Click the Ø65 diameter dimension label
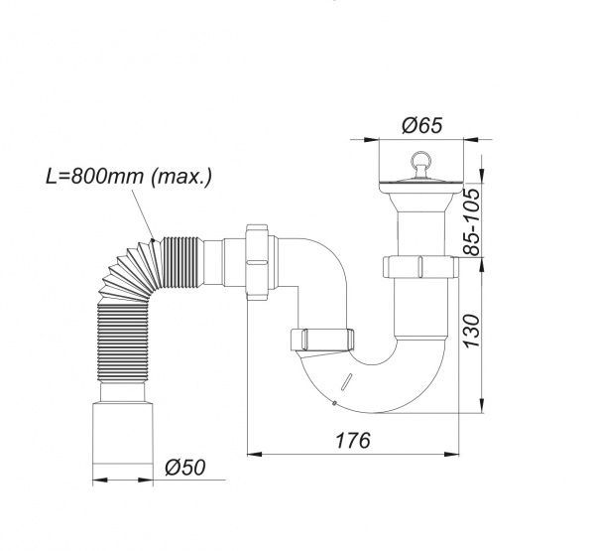tap(421, 126)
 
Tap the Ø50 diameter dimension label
tap(185, 468)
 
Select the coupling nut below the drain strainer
tap(417, 266)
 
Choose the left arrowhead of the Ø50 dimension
tap(96, 482)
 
